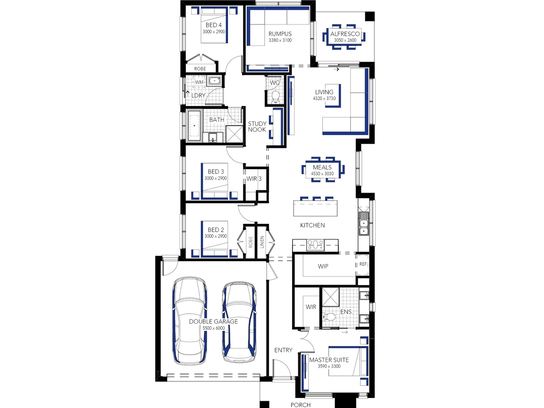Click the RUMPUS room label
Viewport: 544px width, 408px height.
tap(280, 34)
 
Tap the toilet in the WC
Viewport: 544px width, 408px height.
tap(275, 97)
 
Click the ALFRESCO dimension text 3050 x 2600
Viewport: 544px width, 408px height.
tap(345, 40)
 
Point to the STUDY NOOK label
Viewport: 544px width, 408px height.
tap(257, 126)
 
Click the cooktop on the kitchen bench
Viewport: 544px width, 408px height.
tap(315, 245)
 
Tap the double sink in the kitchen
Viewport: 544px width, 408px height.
tap(364, 223)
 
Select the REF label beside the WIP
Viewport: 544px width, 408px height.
tap(363, 264)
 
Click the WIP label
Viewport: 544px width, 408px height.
tap(323, 266)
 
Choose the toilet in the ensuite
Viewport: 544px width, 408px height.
tap(328, 316)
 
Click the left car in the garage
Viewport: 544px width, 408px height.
tap(189, 321)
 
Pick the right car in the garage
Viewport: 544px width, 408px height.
tap(239, 321)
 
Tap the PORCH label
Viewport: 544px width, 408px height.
tap(301, 405)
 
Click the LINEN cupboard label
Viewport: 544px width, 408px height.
tap(262, 242)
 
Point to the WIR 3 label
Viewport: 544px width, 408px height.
tap(254, 179)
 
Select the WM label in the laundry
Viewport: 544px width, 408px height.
tap(199, 82)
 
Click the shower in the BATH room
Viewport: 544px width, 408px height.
tap(234, 134)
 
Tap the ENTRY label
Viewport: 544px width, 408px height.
tap(283, 350)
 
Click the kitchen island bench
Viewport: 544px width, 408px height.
tap(315, 208)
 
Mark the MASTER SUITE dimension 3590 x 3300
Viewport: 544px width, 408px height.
tap(329, 366)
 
